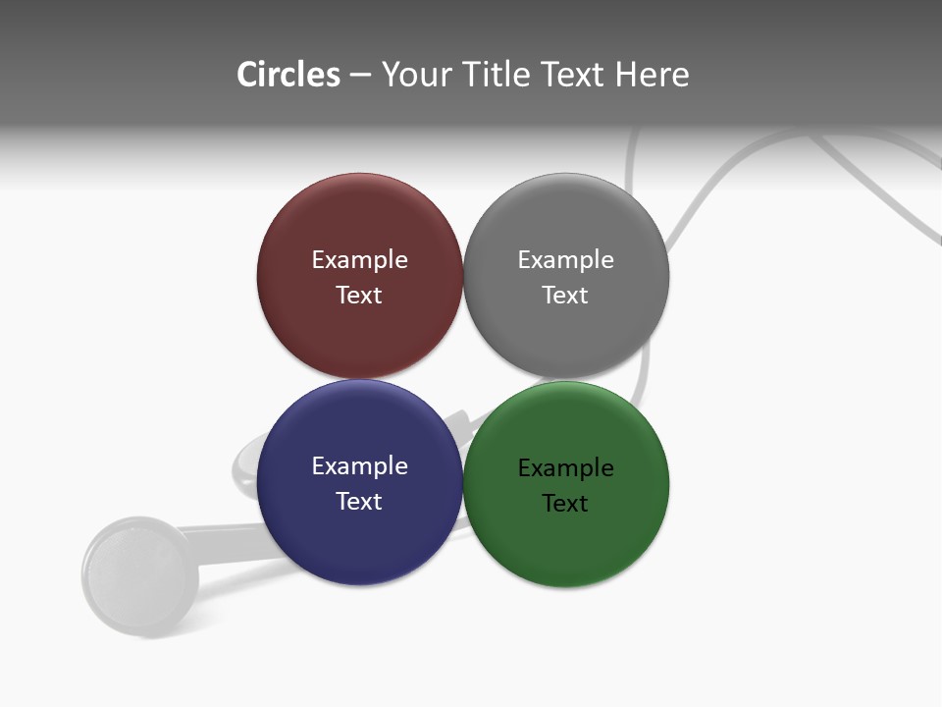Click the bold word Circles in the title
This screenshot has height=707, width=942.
[x=288, y=75]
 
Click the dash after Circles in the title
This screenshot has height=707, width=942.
[x=360, y=76]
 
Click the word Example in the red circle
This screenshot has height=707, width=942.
[x=359, y=260]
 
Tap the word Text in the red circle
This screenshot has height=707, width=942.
[x=359, y=296]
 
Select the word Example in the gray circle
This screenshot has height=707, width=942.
[x=565, y=260]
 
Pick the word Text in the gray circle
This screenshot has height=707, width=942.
[x=565, y=296]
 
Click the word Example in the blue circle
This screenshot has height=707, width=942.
[x=359, y=466]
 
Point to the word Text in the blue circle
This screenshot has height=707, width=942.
[x=359, y=502]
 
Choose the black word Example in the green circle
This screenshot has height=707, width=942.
[x=565, y=468]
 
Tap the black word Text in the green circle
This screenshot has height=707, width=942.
[x=565, y=504]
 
